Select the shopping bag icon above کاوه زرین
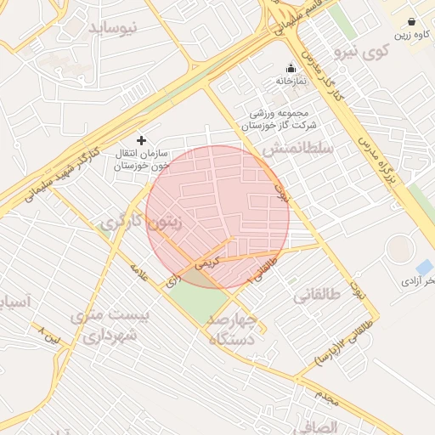coord(412,21)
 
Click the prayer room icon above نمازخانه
coord(291,68)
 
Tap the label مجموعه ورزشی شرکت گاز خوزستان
coord(281,119)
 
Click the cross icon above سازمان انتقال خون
coord(141,139)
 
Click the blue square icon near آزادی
coord(424,267)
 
